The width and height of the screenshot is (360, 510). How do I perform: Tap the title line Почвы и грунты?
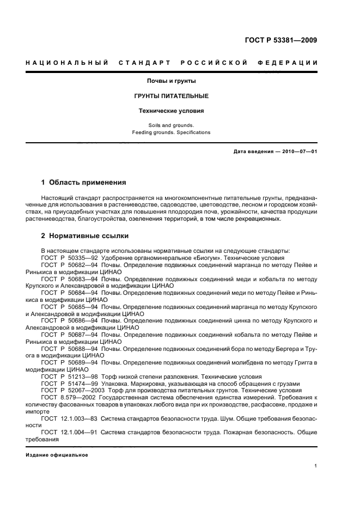(x=171, y=81)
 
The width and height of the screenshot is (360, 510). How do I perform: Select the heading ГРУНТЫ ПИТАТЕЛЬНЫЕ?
(x=171, y=96)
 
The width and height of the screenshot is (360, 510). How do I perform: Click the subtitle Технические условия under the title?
(x=171, y=111)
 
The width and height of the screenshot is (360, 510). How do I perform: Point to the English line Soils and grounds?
(x=171, y=125)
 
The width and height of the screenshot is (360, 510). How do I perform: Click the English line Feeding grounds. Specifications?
(x=171, y=132)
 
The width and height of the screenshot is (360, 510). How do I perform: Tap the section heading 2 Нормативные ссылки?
(x=85, y=236)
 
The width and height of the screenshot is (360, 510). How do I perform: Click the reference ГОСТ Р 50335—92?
(x=69, y=257)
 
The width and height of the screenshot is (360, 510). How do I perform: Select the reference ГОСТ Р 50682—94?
(x=69, y=264)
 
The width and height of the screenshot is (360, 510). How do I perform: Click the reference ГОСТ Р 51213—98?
(x=69, y=377)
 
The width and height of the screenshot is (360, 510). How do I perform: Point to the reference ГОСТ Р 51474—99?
(x=69, y=384)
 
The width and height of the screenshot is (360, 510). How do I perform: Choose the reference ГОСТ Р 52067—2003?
(x=72, y=391)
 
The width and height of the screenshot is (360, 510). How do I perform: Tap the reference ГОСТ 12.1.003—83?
(x=70, y=418)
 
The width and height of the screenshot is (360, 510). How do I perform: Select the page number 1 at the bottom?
(x=315, y=466)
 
